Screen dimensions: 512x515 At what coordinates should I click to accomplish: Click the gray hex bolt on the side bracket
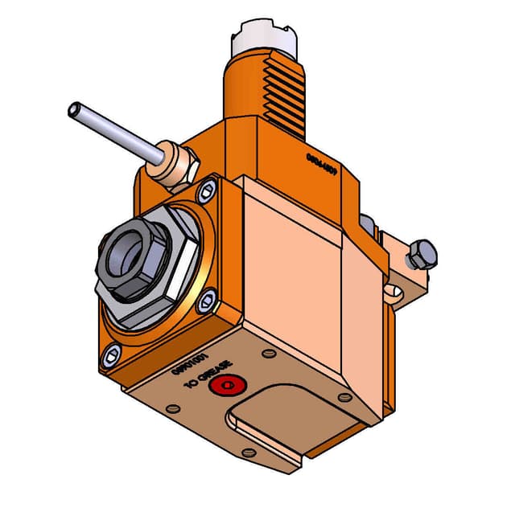[x=421, y=256]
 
